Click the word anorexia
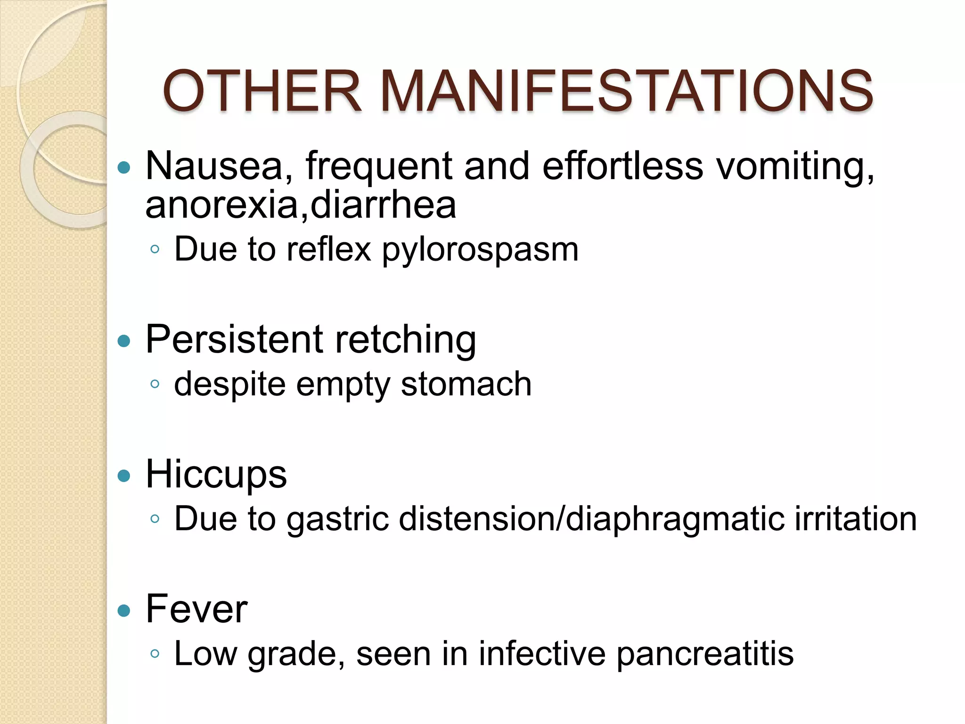pos(222,206)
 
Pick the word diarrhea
pos(383,206)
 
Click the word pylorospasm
pos(480,250)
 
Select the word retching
pos(406,339)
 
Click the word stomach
pos(466,384)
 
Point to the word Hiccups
pos(216,474)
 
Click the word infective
pos(542,654)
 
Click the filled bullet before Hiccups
pos(124,476)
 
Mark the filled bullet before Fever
pos(124,611)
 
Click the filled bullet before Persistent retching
pos(124,341)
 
